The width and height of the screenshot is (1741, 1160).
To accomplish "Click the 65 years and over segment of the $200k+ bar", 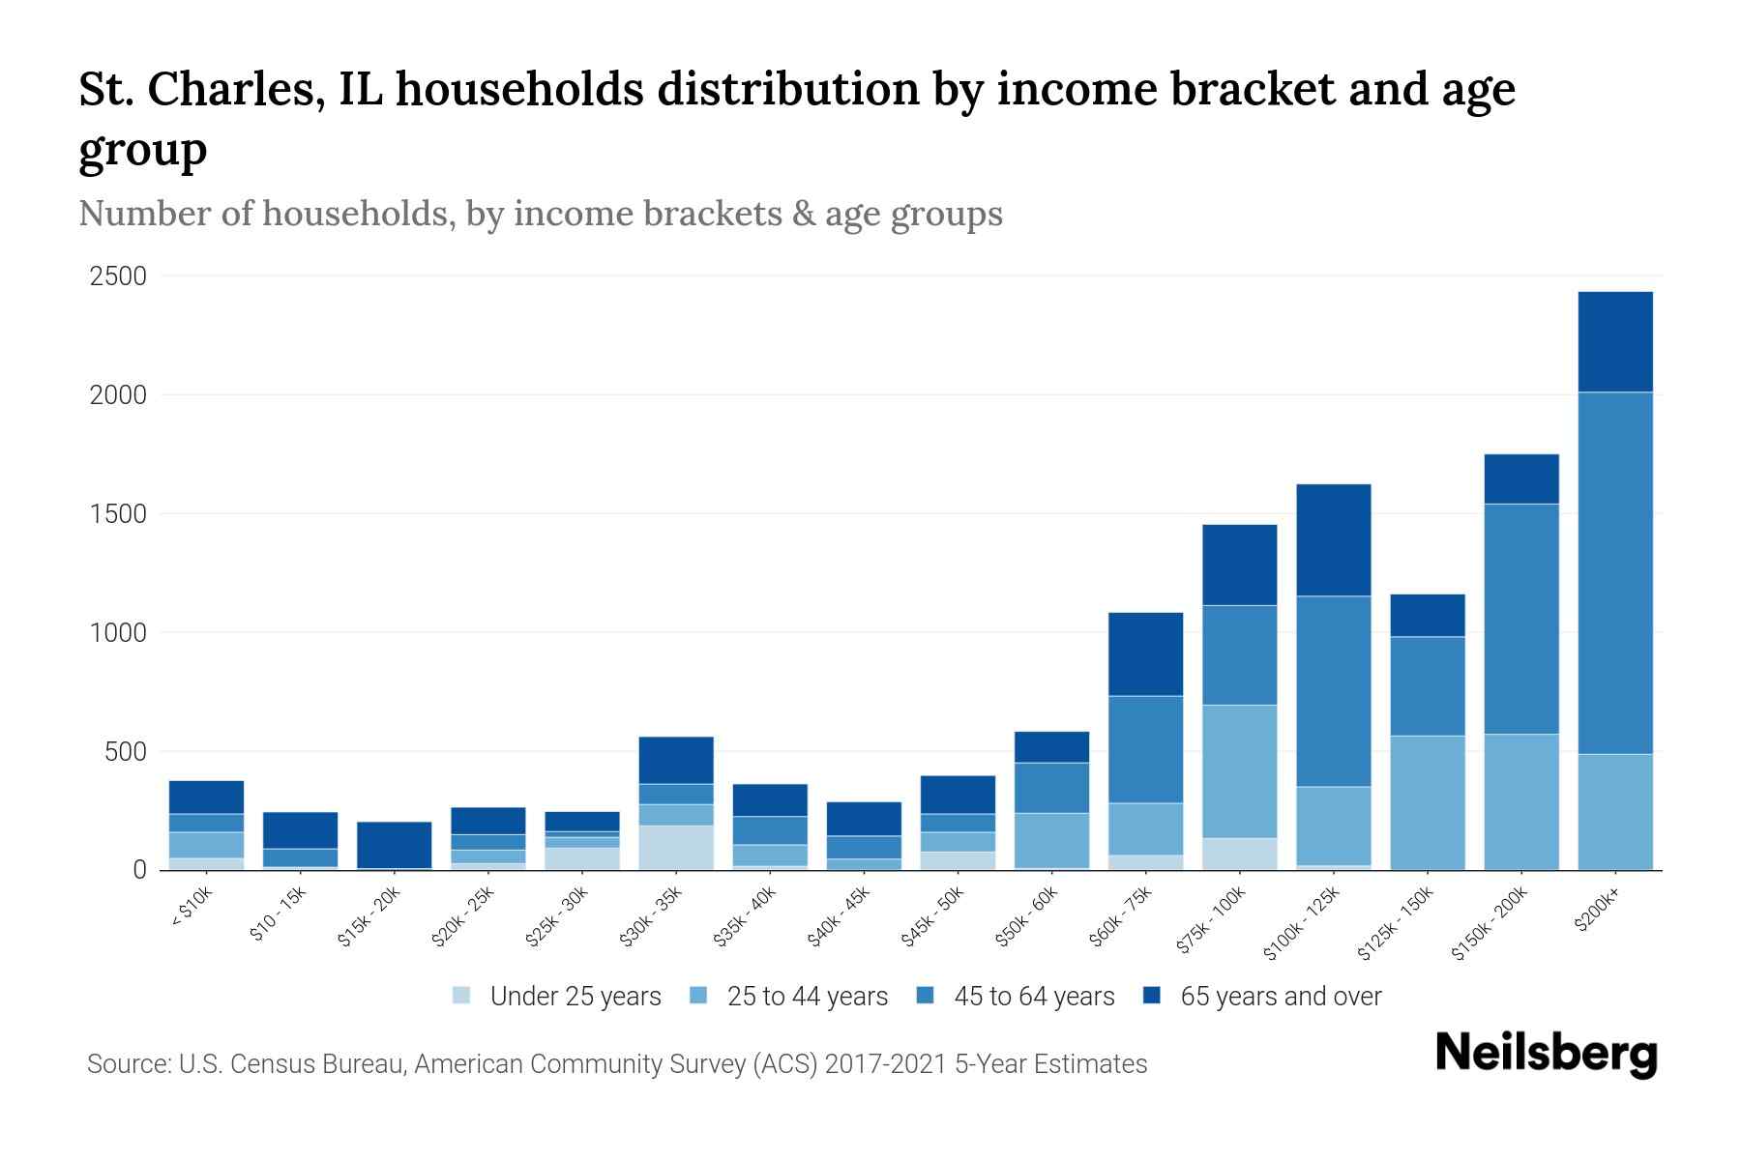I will tap(1614, 341).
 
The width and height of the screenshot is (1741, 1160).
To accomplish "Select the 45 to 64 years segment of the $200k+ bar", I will tap(1614, 572).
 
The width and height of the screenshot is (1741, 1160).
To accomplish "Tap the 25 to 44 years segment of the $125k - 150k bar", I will tap(1427, 802).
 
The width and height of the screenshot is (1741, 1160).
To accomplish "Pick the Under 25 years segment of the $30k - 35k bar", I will tap(676, 847).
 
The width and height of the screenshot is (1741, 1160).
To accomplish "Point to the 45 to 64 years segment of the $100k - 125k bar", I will tap(1333, 691).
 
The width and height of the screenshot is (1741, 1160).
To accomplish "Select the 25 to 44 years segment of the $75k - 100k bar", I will tap(1239, 770).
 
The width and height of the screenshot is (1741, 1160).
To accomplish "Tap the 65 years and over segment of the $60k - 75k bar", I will tap(1145, 653).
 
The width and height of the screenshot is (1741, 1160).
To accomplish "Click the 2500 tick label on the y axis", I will tap(118, 276).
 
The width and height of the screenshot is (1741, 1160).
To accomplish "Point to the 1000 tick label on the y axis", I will tap(118, 633).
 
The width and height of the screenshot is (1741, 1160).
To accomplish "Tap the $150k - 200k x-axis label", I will tap(1490, 924).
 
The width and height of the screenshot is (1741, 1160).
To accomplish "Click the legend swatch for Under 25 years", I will tap(461, 996).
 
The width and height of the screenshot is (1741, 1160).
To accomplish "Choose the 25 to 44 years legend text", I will tap(807, 996).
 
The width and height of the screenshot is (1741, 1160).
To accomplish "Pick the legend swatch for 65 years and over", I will tap(1152, 996).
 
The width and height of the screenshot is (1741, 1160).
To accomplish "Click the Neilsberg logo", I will tap(1546, 1053).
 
